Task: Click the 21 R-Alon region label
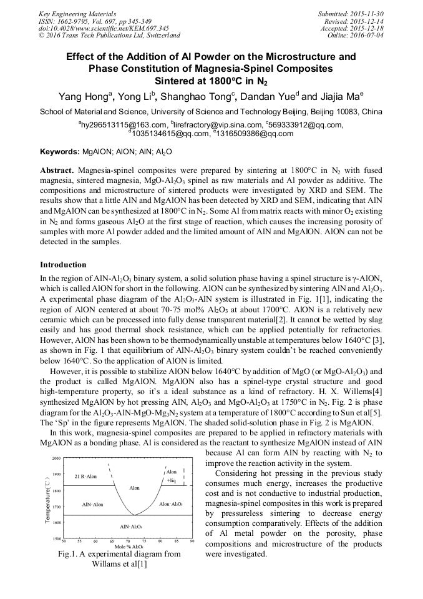coord(86,477)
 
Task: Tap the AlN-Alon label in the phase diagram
coord(92,503)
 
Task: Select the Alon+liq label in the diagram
coord(172,476)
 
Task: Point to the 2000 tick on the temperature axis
coord(56,458)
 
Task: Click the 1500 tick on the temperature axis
coord(56,538)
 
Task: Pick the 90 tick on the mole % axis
coord(192,542)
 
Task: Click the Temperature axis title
coord(48,498)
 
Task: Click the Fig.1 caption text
coord(119,558)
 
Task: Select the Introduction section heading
coord(63,265)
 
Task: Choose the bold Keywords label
coord(60,152)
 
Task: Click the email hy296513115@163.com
coord(123,125)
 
